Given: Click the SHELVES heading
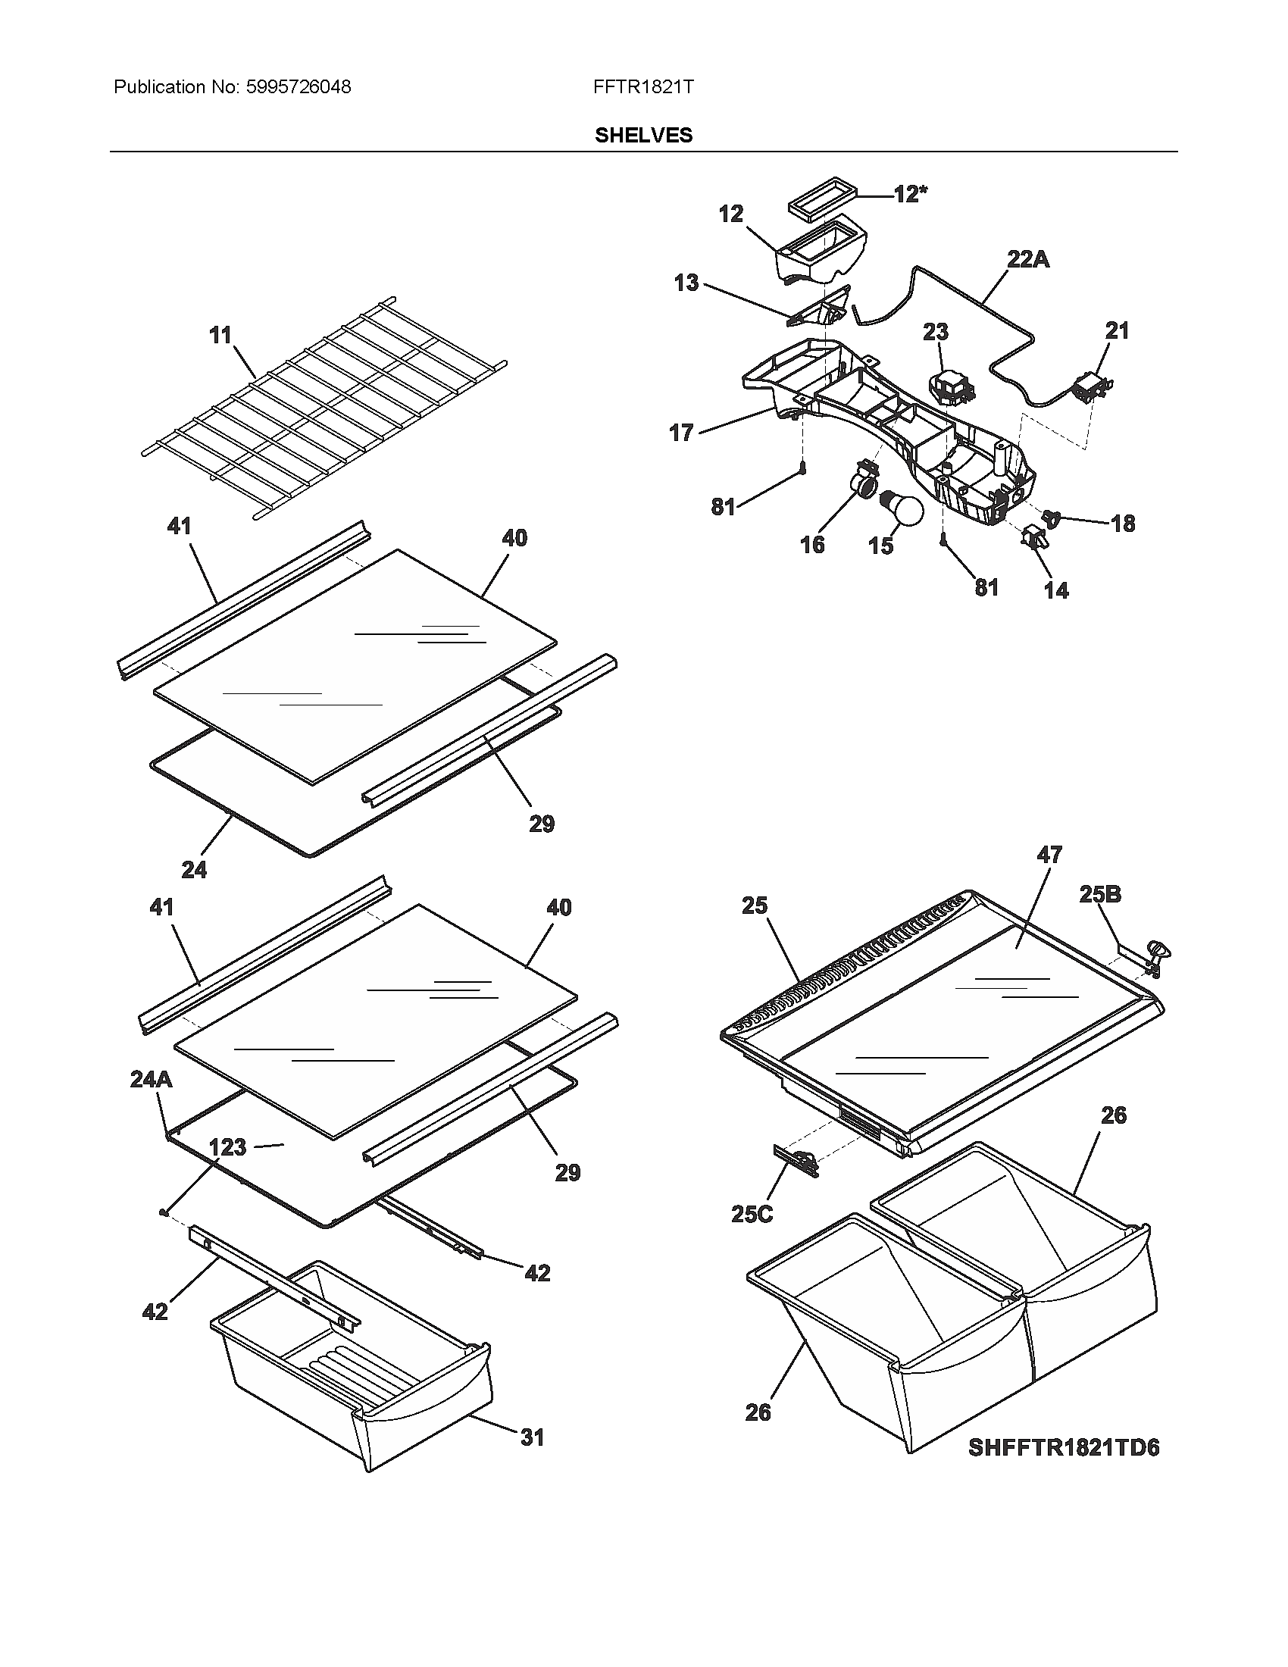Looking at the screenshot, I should [643, 135].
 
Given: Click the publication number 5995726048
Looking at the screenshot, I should [299, 87].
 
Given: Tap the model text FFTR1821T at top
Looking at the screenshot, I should [643, 87].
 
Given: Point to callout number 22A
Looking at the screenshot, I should [1028, 259].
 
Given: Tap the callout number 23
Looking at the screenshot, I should [936, 331].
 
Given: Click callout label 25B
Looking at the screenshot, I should [1100, 894].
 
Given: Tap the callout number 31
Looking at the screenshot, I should [533, 1437].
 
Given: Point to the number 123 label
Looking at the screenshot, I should [227, 1146].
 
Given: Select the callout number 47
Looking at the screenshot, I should [1049, 854].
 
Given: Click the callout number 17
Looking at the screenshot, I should [680, 433].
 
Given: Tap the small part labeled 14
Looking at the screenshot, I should [1033, 537].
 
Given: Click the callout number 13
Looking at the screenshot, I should [686, 283].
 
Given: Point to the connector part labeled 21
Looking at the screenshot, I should [1092, 386].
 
